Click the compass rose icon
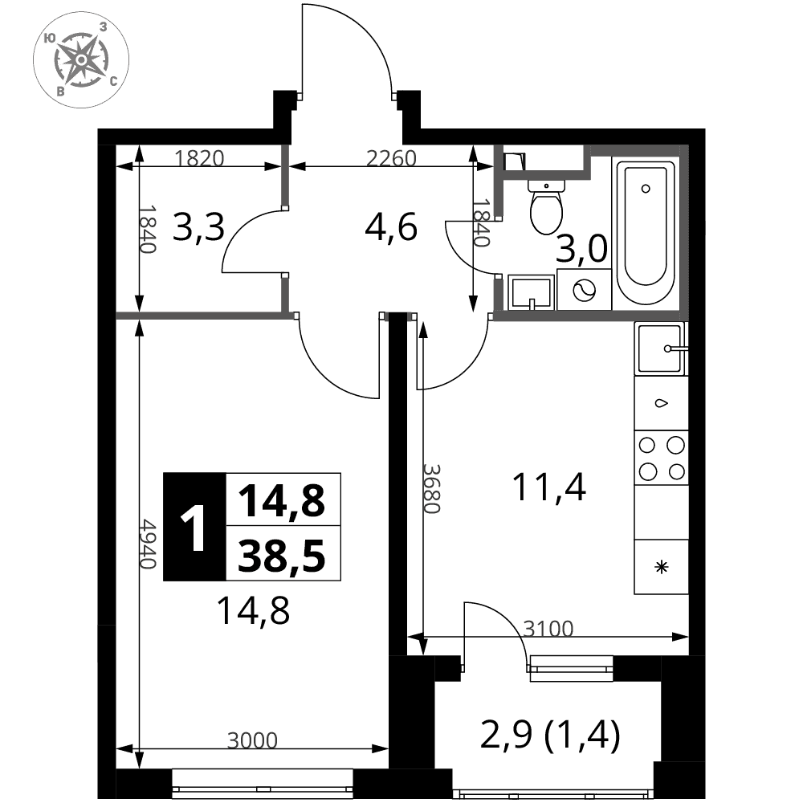point(81,60)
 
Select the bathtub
point(646,233)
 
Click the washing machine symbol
point(585,290)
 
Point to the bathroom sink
point(531,292)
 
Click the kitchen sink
point(660,349)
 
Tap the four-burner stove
point(661,458)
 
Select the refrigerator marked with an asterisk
point(661,567)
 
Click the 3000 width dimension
point(252,740)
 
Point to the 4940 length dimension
point(149,544)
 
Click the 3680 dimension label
point(431,489)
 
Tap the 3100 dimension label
point(548,629)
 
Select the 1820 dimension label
point(200,159)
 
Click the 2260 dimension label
point(391,159)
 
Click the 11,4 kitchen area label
point(549,487)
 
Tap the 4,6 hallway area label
point(391,228)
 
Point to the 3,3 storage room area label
point(198,228)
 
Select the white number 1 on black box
point(194,527)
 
